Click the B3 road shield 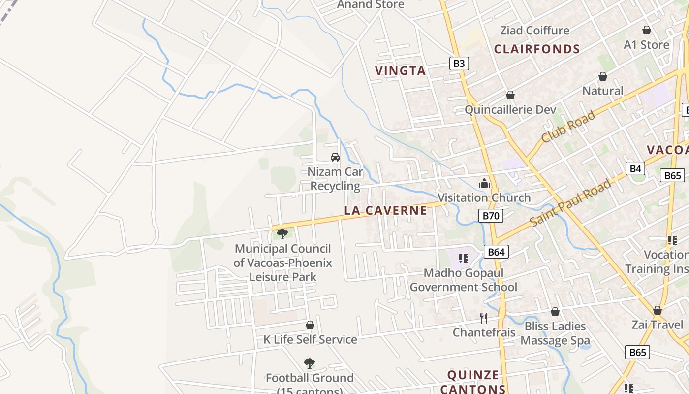(459, 64)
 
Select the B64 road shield (496, 252)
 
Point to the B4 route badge (636, 169)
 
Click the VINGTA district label (400, 71)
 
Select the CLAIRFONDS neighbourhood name (537, 49)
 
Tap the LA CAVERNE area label (385, 210)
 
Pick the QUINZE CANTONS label (473, 382)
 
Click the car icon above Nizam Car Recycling (335, 157)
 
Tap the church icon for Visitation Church (484, 184)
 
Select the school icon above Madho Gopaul (463, 258)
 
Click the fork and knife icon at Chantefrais (484, 318)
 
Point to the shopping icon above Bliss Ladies (555, 312)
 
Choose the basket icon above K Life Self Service (310, 325)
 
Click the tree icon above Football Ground (310, 363)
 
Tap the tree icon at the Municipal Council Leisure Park (282, 233)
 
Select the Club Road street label (568, 127)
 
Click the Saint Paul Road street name (571, 203)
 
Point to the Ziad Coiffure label (534, 31)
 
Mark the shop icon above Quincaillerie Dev (510, 95)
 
